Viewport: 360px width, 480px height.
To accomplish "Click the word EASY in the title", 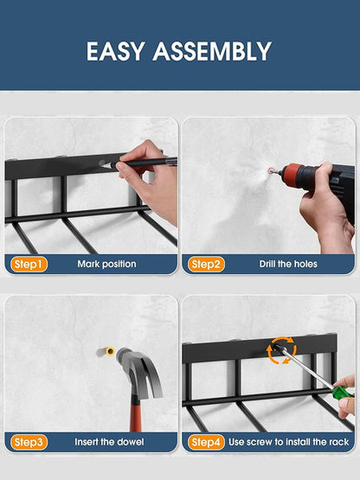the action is click(x=115, y=51).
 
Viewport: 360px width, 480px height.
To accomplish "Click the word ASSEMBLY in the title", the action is click(x=212, y=51).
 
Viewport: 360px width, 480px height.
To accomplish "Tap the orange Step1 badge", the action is click(x=29, y=264).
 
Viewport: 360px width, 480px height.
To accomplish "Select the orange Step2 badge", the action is click(x=206, y=264).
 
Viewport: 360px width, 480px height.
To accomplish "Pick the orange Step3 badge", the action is click(x=29, y=442).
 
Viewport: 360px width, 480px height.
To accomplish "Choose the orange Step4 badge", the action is click(x=206, y=442).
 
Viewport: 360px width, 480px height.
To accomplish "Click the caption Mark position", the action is click(x=106, y=264).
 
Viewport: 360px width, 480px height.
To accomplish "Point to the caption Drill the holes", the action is click(x=288, y=264).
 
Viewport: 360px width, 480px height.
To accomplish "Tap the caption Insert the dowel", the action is click(x=109, y=442).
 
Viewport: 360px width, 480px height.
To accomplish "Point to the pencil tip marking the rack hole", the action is click(x=102, y=165).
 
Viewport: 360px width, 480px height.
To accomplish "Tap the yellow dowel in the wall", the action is click(x=109, y=351).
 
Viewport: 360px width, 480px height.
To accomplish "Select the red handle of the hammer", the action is click(x=135, y=414).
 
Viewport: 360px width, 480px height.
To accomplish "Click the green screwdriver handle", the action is click(x=343, y=393).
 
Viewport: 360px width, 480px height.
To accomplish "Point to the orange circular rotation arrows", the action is click(x=281, y=350).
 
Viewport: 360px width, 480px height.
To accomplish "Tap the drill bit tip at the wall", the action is click(x=270, y=171).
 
